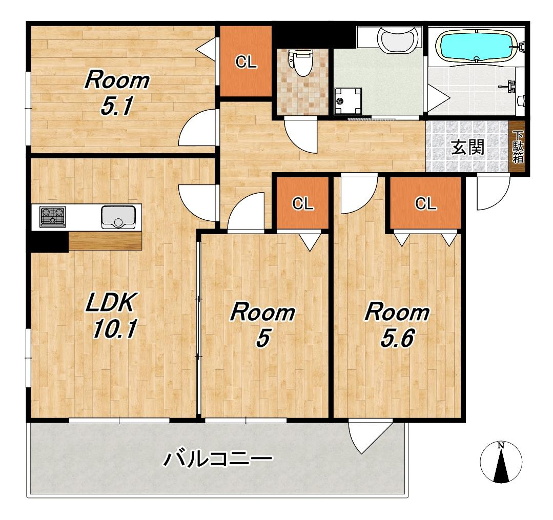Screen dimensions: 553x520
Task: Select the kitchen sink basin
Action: [x=118, y=217]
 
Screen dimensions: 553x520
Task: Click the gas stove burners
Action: [x=53, y=217]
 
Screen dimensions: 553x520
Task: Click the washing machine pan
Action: [x=348, y=101]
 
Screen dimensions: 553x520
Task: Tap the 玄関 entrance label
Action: [x=467, y=147]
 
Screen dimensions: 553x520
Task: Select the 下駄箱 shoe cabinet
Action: [x=518, y=147]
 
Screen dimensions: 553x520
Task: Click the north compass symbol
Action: [x=501, y=462]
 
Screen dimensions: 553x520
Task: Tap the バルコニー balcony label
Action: [x=218, y=459]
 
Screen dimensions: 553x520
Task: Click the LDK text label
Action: [x=110, y=302]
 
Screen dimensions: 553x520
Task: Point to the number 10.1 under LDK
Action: [x=115, y=329]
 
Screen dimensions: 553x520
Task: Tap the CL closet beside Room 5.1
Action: [x=246, y=61]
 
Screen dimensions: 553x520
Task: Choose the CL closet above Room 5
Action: [x=302, y=203]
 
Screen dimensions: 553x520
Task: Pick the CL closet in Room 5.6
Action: [x=426, y=203]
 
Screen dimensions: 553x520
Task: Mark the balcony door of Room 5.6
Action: [x=371, y=436]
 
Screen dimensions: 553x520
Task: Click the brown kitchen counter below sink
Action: [x=105, y=241]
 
